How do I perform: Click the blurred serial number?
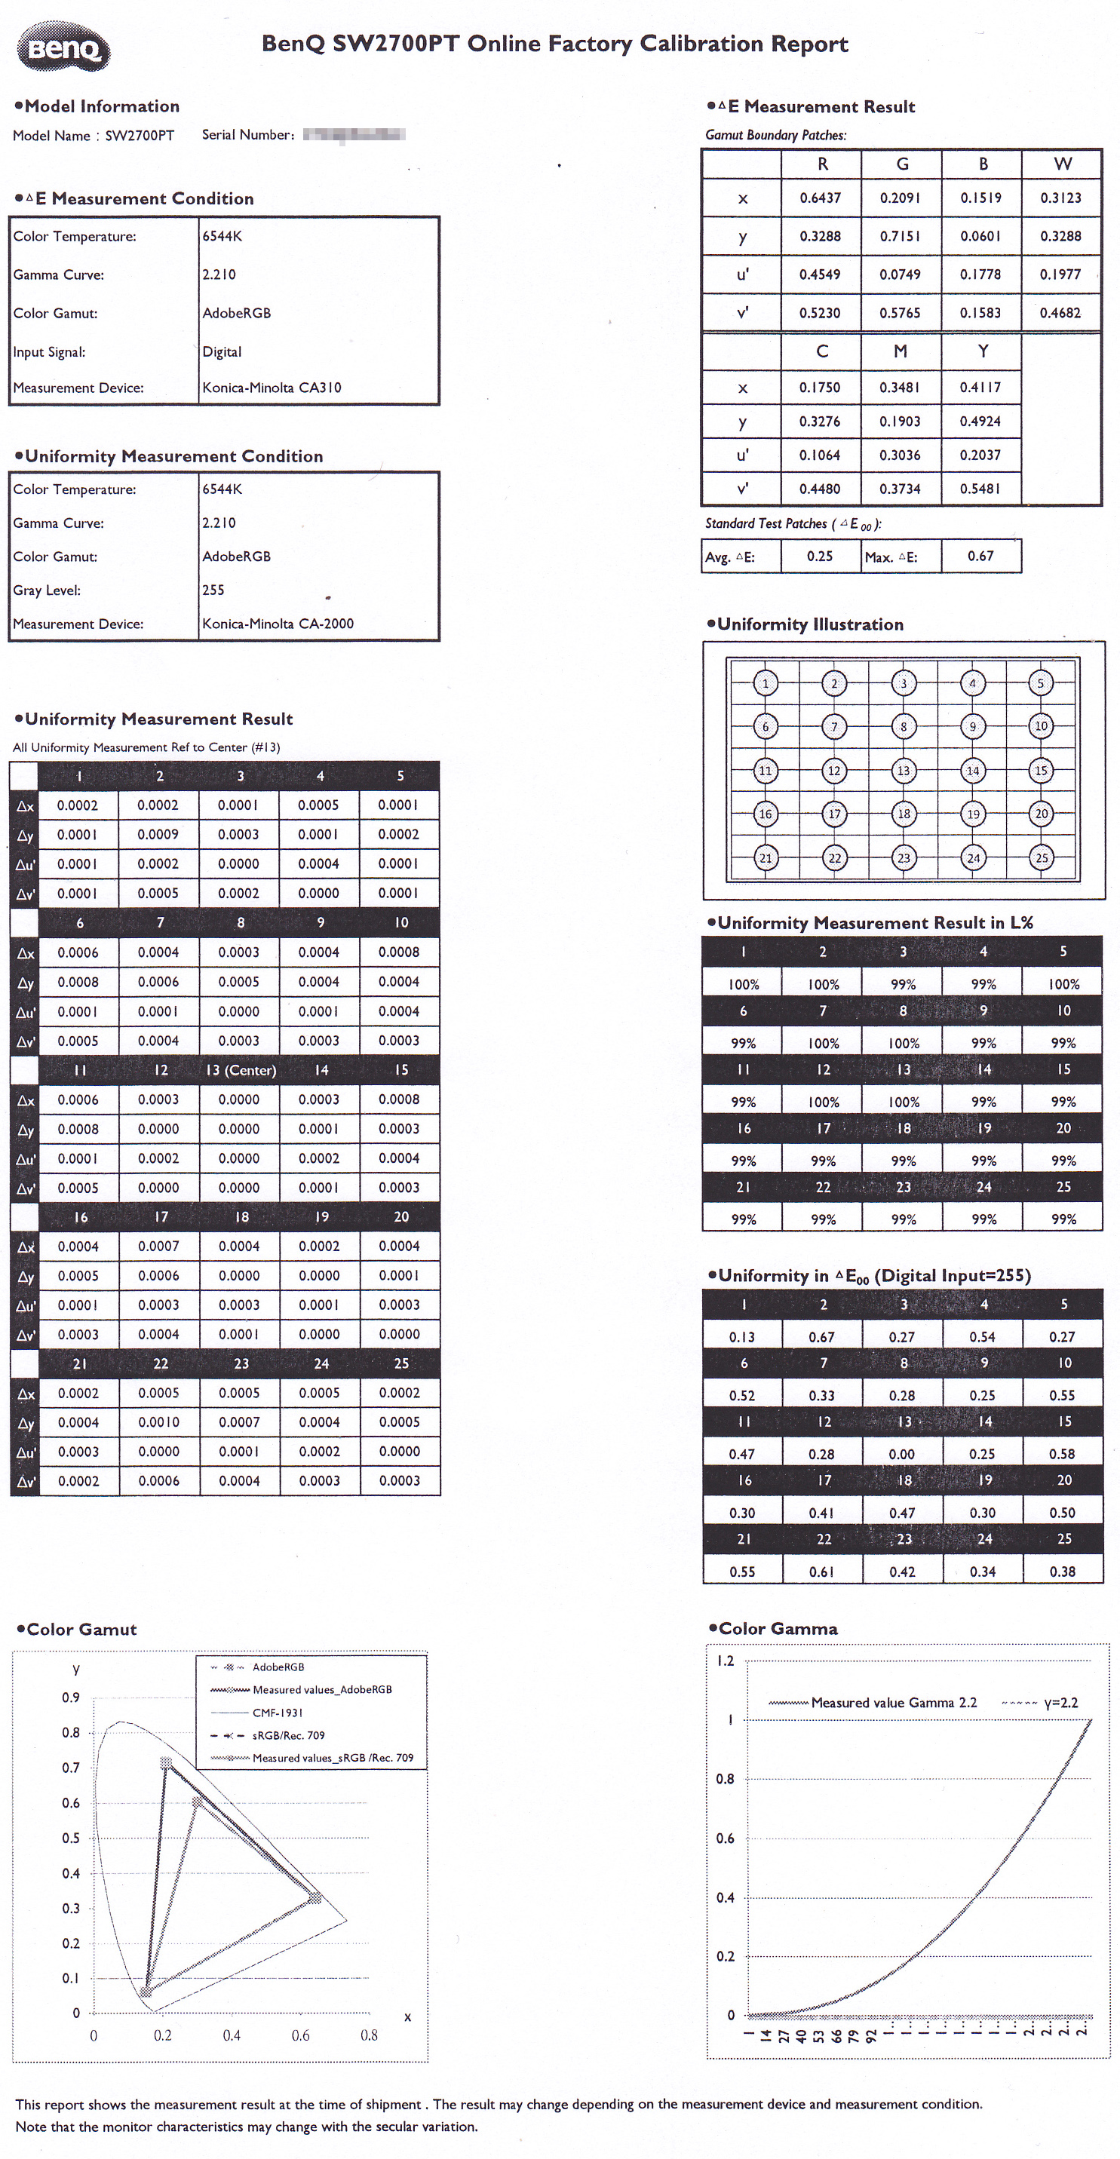pyautogui.click(x=354, y=135)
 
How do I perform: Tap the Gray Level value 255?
pyautogui.click(x=213, y=590)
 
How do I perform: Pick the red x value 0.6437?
pyautogui.click(x=820, y=198)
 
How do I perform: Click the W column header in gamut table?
pyautogui.click(x=1062, y=164)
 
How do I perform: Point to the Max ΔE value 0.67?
pyautogui.click(x=980, y=557)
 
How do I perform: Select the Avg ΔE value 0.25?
pyautogui.click(x=819, y=557)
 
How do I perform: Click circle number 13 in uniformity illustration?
pyautogui.click(x=903, y=770)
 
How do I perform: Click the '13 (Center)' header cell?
pyautogui.click(x=241, y=1070)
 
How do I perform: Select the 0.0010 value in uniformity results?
pyautogui.click(x=158, y=1422)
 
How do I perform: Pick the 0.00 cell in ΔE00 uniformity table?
pyautogui.click(x=902, y=1454)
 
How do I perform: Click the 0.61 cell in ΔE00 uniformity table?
pyautogui.click(x=821, y=1572)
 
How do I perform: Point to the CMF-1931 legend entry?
pyautogui.click(x=277, y=1713)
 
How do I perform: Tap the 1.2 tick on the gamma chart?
pyautogui.click(x=725, y=1661)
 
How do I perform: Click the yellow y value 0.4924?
pyautogui.click(x=980, y=422)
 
